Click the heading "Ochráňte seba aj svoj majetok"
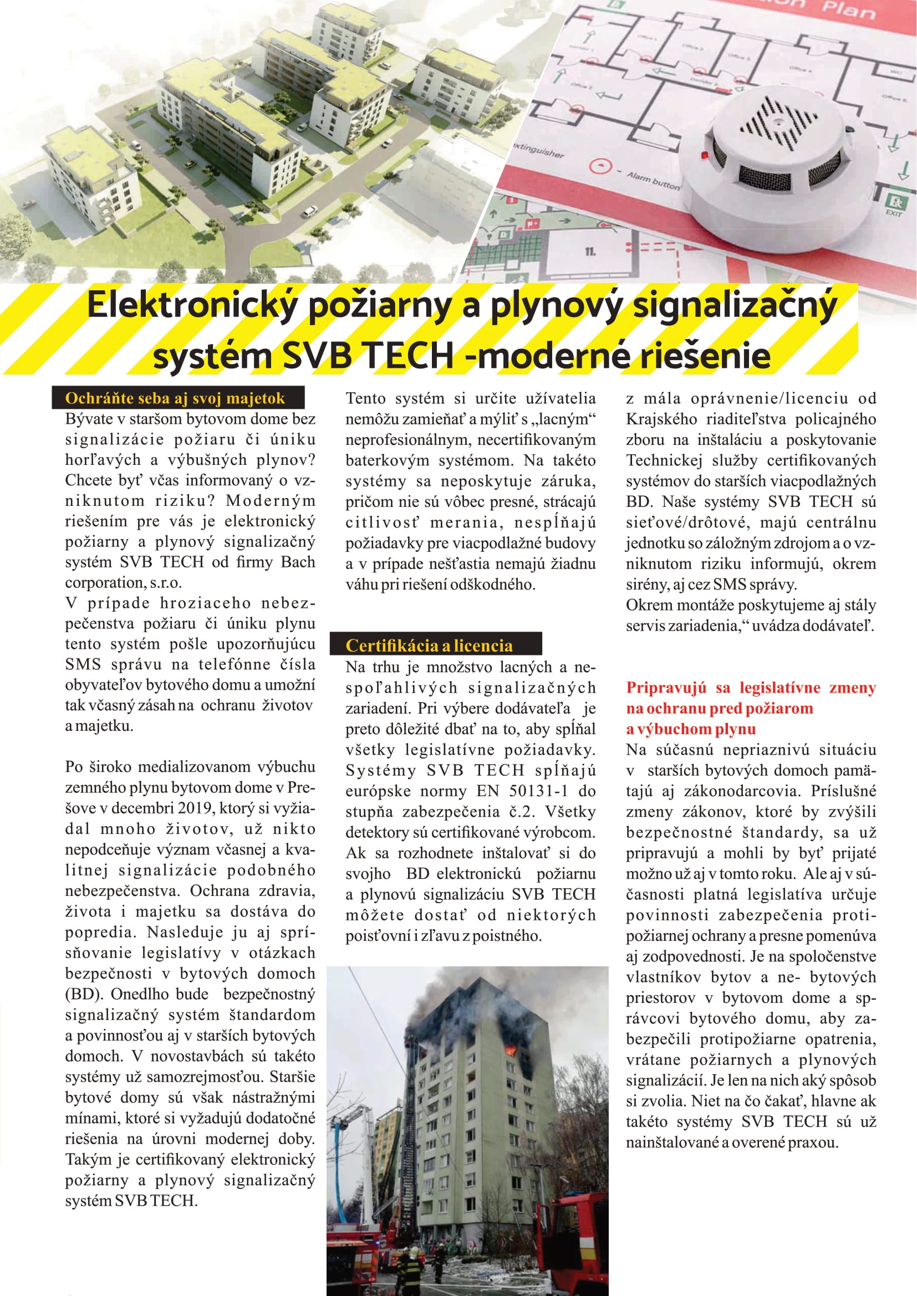175,398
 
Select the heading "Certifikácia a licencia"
429,645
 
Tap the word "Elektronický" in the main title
192,305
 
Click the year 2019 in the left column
194,808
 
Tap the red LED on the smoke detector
704,154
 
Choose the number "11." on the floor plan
590,252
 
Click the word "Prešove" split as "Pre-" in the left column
303,787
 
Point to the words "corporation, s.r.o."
123,582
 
